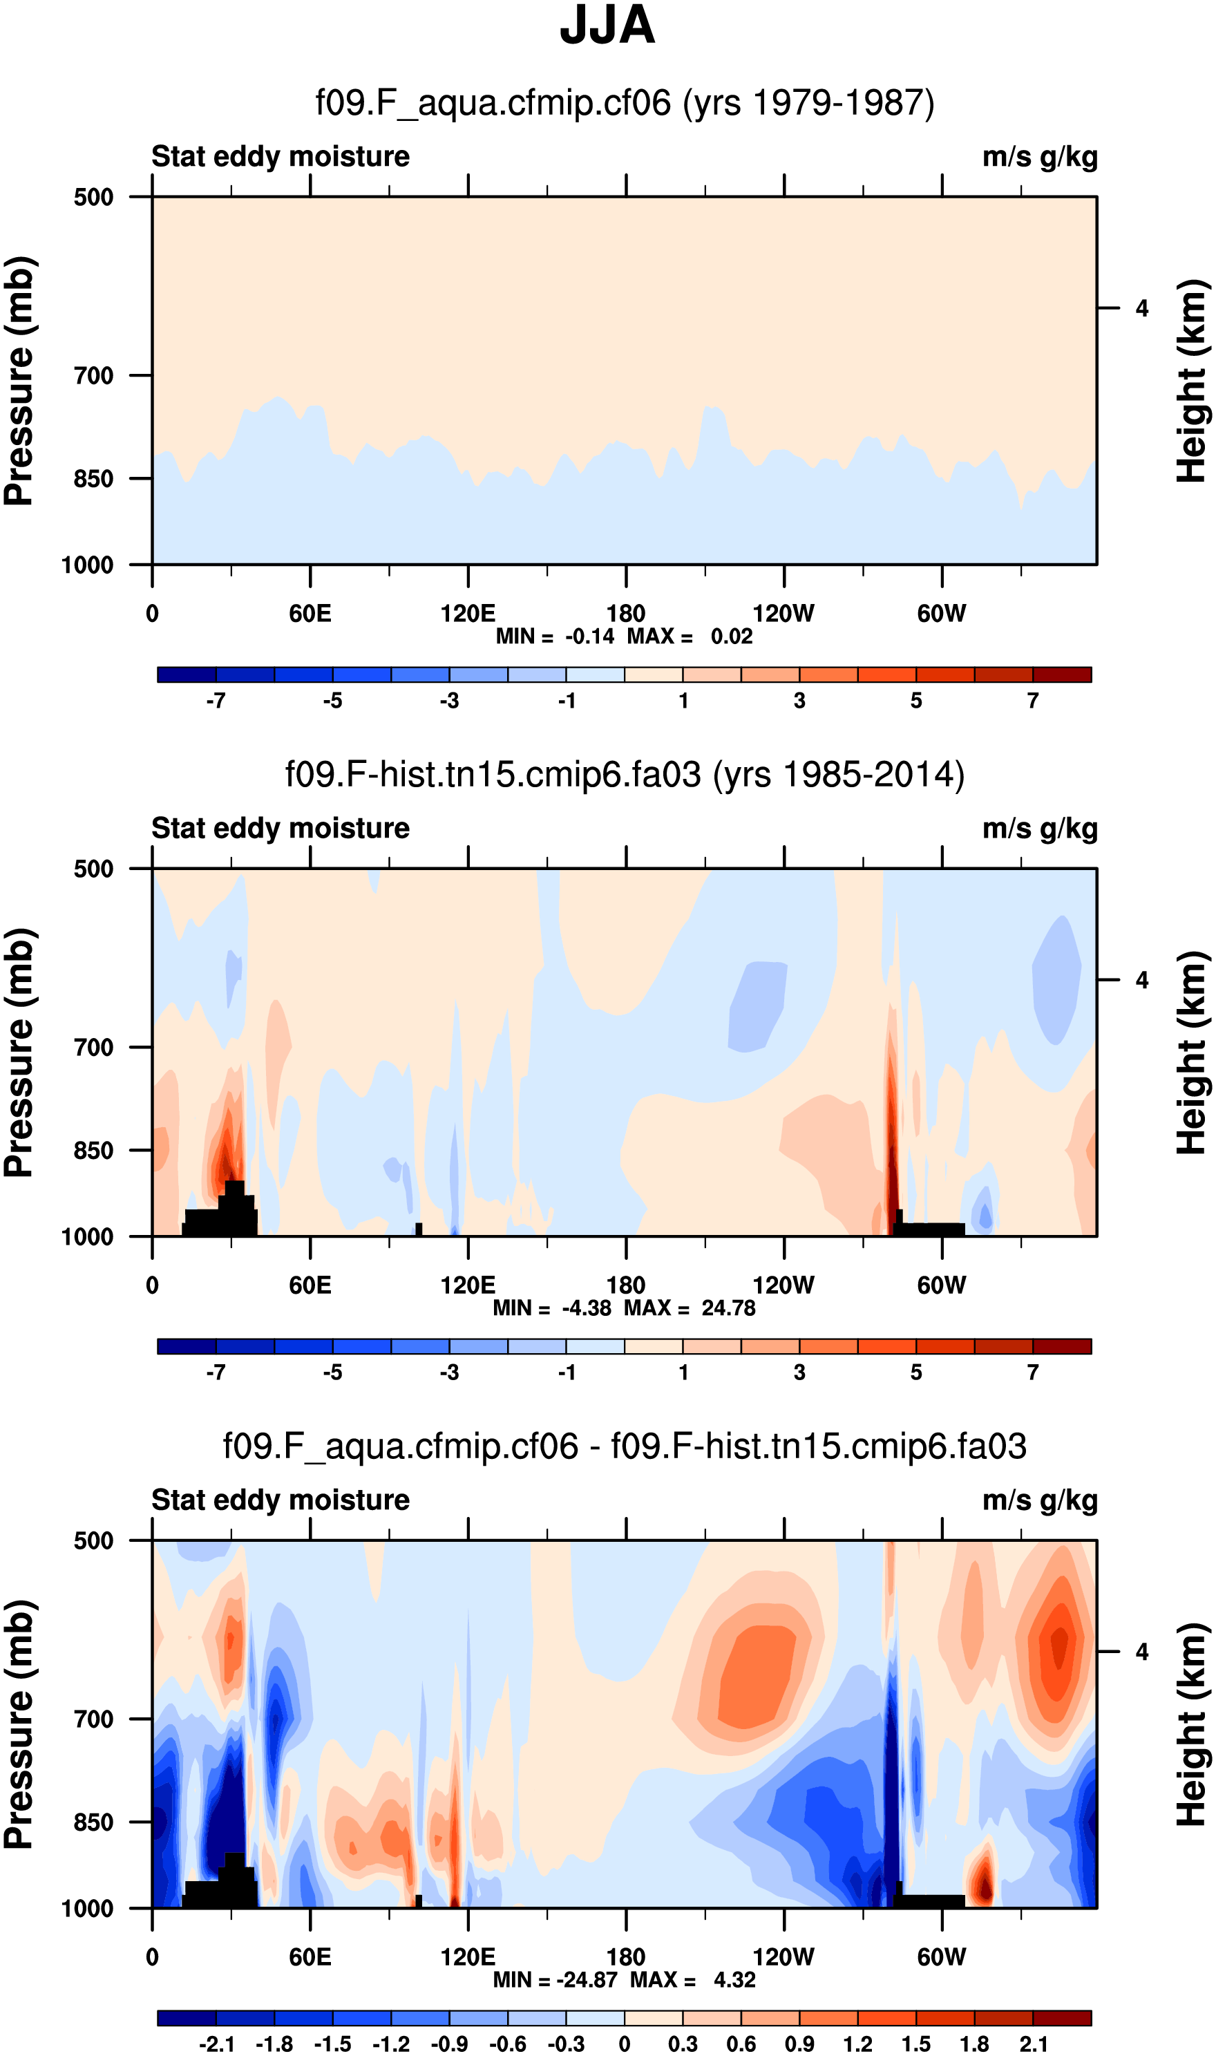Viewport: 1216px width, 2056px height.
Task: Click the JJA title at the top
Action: (607, 26)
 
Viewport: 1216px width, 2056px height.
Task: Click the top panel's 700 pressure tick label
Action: (93, 376)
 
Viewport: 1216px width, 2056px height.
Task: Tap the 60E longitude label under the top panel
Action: (310, 613)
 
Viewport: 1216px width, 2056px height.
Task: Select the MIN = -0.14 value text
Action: (555, 636)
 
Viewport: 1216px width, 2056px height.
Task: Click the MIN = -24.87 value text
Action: (555, 1981)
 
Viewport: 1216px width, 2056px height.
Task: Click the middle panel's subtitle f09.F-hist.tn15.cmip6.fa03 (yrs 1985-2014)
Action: (625, 775)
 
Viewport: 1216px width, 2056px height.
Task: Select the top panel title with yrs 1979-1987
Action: (625, 103)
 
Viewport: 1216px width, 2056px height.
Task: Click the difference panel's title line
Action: (625, 1446)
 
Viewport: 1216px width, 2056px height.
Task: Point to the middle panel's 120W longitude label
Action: (783, 1285)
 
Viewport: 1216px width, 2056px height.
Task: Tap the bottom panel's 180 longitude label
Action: (625, 1957)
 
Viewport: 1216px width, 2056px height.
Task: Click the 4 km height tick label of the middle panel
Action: (1141, 980)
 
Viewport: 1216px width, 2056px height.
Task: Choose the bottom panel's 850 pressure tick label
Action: (93, 1822)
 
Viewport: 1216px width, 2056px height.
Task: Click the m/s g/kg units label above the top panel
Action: (1039, 156)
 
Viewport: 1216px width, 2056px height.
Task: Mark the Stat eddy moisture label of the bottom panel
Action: (281, 1500)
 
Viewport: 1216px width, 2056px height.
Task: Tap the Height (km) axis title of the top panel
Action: (1193, 381)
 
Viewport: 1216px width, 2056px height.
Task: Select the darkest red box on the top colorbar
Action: (1061, 675)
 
